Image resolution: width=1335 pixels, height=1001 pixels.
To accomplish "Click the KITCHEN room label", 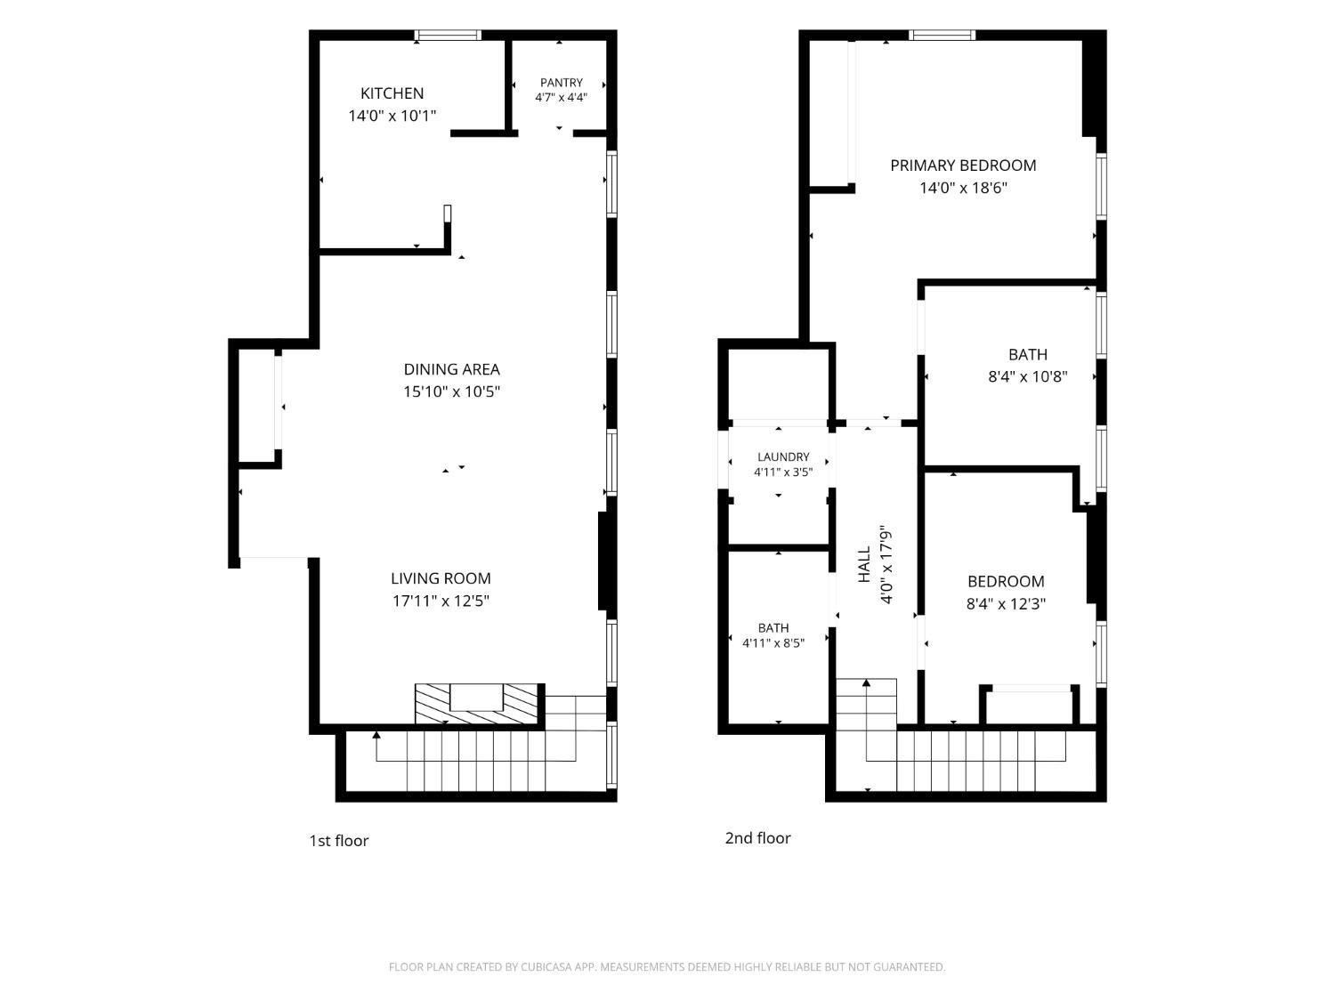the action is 392,93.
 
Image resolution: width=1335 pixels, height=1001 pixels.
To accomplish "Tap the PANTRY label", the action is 561,82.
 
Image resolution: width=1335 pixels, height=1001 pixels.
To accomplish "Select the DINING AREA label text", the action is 451,369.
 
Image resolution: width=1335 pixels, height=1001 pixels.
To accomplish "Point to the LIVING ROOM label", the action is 441,578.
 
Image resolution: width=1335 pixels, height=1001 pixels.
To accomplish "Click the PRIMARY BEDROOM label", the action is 963,165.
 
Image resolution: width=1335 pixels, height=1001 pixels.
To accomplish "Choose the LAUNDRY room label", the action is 782,456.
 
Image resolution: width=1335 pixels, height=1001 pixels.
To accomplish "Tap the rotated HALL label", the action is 864,564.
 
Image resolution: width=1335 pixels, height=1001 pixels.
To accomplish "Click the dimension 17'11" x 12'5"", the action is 441,601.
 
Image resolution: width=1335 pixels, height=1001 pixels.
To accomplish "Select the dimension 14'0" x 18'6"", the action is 963,188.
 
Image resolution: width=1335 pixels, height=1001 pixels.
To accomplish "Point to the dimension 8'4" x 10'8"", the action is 1027,376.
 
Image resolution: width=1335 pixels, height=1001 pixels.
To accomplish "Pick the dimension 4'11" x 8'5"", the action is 773,642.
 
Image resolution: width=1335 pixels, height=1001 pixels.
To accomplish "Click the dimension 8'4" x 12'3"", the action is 1006,603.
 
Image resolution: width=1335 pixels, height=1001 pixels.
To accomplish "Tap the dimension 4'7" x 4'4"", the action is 561,97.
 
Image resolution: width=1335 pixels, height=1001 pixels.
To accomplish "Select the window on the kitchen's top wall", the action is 448,36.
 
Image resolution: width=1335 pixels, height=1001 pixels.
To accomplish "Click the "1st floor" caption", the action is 339,841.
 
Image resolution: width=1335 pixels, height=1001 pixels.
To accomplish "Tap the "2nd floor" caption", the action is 757,838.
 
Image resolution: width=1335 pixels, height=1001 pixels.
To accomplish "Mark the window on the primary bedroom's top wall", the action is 943,36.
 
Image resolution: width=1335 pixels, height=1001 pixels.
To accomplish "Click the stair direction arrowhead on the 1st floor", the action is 376,735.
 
